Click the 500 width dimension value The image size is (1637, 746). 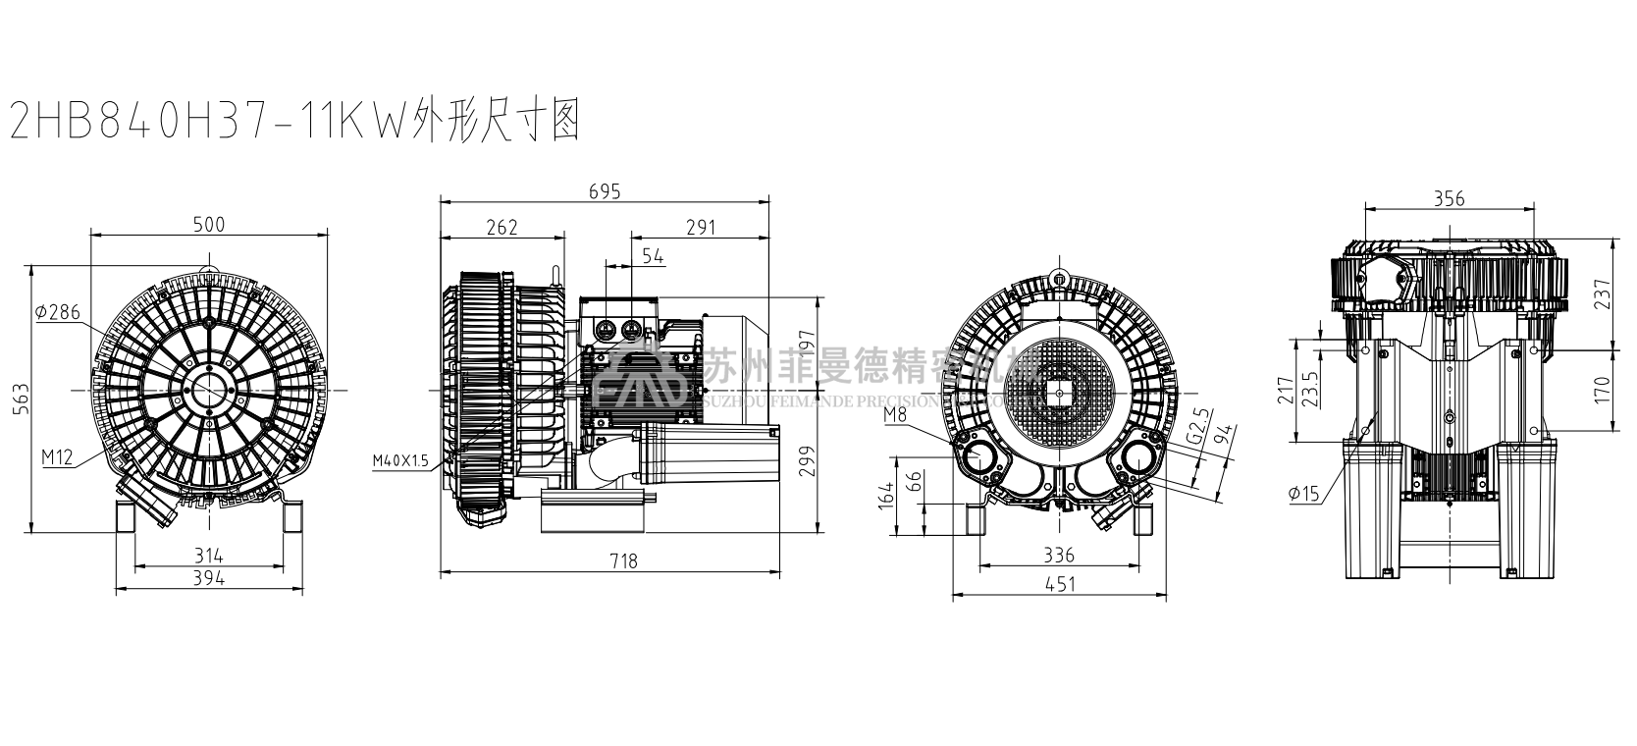(209, 225)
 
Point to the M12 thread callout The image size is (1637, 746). (56, 456)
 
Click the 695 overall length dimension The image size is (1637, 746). (605, 191)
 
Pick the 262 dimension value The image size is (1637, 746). (502, 228)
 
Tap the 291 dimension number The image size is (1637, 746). (700, 228)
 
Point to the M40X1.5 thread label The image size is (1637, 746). (400, 460)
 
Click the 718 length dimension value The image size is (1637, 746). (623, 561)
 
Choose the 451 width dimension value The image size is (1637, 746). (1060, 584)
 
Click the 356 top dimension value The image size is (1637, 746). (1449, 199)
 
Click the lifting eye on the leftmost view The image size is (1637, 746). (208, 266)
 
